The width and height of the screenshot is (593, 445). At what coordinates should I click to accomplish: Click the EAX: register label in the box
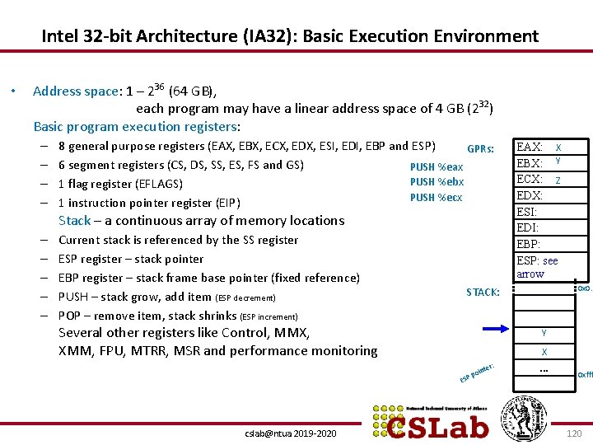pyautogui.click(x=529, y=147)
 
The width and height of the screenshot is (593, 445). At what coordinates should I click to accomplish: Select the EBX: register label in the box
pyautogui.click(x=529, y=163)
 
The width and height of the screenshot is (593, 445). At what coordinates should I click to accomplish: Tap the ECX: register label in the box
pyautogui.click(x=529, y=179)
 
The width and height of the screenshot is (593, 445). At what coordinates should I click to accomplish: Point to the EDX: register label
pyautogui.click(x=529, y=195)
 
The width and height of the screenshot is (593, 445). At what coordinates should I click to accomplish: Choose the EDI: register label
pyautogui.click(x=526, y=227)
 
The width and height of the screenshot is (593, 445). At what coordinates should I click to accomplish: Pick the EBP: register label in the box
pyautogui.click(x=528, y=244)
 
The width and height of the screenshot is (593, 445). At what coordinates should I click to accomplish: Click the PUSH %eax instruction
pyautogui.click(x=437, y=166)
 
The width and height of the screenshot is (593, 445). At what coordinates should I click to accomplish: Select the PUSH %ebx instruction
pyautogui.click(x=437, y=181)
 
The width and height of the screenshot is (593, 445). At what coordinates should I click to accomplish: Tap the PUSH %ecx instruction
pyautogui.click(x=437, y=197)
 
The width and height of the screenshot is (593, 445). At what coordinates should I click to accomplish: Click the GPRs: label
pyautogui.click(x=480, y=149)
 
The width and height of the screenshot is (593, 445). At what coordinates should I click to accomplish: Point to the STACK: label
pyautogui.click(x=483, y=292)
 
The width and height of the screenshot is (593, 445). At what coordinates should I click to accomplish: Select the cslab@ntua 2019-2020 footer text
pyautogui.click(x=291, y=433)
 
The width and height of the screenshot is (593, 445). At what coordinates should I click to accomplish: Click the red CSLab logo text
pyautogui.click(x=438, y=425)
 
